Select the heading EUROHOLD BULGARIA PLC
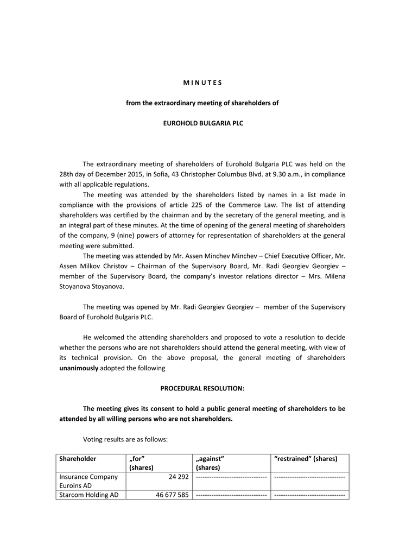204,123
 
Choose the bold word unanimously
79,368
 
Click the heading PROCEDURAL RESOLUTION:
202,388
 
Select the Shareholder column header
78,459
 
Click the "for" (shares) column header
141,463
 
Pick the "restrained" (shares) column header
306,459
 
